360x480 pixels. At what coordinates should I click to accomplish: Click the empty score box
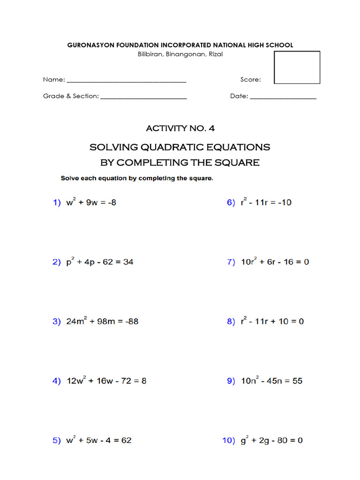pyautogui.click(x=297, y=67)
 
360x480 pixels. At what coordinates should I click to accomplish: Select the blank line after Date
pyautogui.click(x=283, y=97)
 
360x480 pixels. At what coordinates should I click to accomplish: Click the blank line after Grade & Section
pyautogui.click(x=143, y=97)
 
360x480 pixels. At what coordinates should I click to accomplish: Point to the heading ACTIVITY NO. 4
pyautogui.click(x=180, y=128)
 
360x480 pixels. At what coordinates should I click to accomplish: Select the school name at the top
pyautogui.click(x=180, y=45)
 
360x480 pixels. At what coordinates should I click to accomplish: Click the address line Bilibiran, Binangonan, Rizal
pyautogui.click(x=180, y=54)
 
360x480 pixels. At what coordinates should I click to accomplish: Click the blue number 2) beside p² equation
pyautogui.click(x=56, y=262)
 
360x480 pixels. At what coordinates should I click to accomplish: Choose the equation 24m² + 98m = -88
pyautogui.click(x=102, y=322)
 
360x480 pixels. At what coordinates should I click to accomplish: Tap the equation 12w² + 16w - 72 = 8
pyautogui.click(x=106, y=381)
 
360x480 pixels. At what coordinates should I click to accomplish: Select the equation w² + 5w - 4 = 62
pyautogui.click(x=99, y=441)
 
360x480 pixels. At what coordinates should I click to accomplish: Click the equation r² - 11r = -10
pyautogui.click(x=265, y=202)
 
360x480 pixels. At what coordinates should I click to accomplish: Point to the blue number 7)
pyautogui.click(x=231, y=262)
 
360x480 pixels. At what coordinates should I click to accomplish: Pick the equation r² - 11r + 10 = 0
pyautogui.click(x=271, y=322)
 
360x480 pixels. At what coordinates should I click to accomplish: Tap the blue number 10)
pyautogui.click(x=228, y=441)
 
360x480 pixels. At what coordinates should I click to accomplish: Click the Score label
pyautogui.click(x=250, y=80)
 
